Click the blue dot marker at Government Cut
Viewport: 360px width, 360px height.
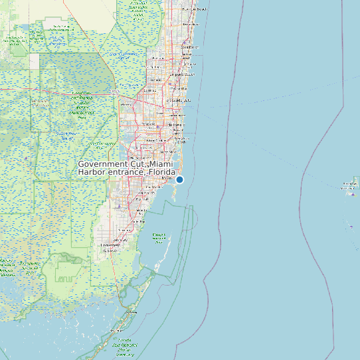coord(179,179)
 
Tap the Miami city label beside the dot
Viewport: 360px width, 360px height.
coord(167,179)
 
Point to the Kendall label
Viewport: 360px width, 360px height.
coord(141,199)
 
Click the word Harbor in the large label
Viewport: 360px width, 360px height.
coord(92,172)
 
